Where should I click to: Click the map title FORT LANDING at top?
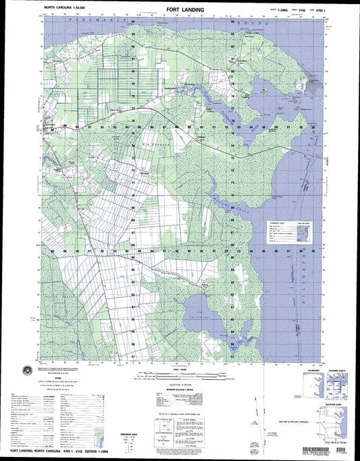coord(180,9)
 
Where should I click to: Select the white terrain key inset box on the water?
coord(287,234)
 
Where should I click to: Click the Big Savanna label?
coord(152,144)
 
